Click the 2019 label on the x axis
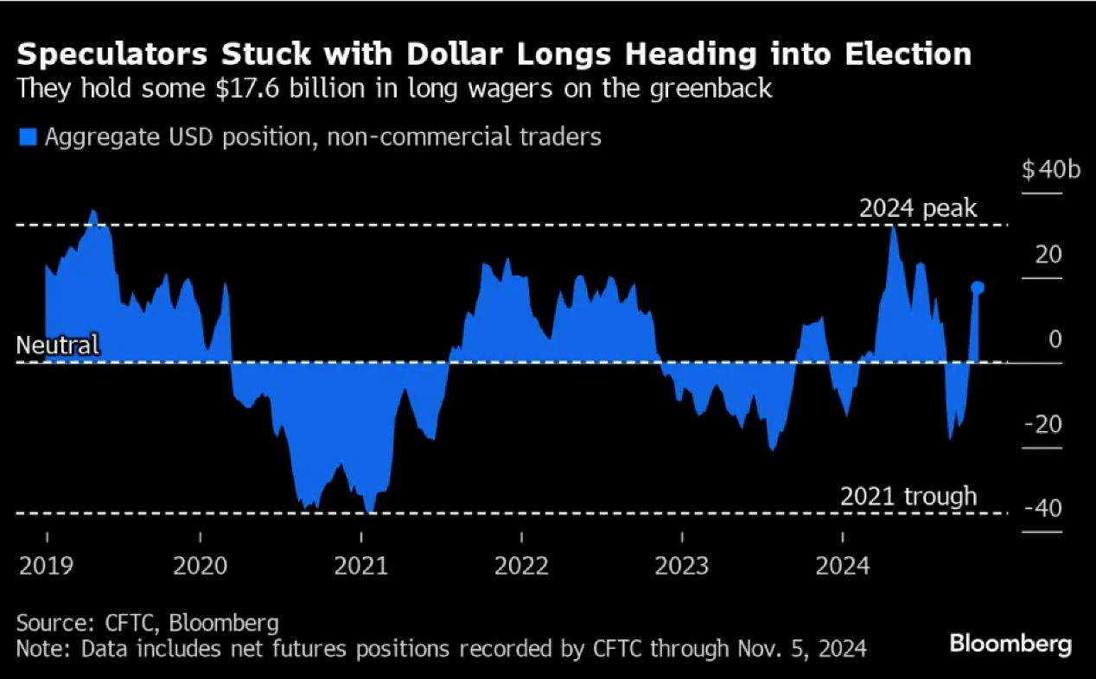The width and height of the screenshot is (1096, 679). tap(47, 567)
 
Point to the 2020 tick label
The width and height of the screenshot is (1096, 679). tap(201, 567)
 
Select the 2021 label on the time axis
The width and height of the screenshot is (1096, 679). tap(361, 567)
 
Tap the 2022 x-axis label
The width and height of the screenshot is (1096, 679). tap(522, 567)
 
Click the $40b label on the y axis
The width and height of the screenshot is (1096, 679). tap(1051, 170)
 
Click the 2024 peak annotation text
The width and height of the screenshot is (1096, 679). tap(917, 209)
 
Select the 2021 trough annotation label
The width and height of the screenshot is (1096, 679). tap(908, 497)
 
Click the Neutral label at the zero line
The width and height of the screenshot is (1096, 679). tap(58, 346)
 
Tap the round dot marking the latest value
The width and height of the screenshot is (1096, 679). tap(978, 287)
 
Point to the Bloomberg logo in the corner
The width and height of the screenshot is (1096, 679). tap(1010, 644)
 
